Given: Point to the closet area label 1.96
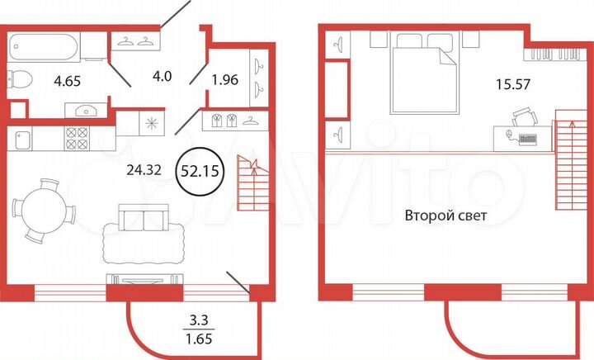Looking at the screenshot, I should coord(224,82).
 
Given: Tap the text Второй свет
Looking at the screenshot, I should coord(446,216).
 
